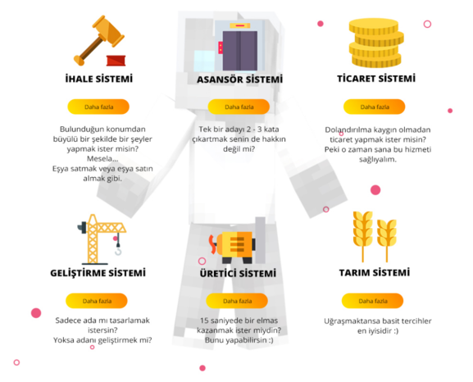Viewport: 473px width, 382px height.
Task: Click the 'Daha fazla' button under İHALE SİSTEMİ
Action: click(98, 107)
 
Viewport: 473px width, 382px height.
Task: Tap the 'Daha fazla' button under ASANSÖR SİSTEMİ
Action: click(239, 107)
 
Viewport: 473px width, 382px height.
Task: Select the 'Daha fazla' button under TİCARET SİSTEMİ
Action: click(375, 107)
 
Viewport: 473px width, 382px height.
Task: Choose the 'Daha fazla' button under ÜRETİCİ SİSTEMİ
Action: click(237, 301)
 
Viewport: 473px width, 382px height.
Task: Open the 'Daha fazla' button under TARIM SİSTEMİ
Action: click(372, 301)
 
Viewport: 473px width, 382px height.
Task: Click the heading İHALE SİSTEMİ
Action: click(99, 79)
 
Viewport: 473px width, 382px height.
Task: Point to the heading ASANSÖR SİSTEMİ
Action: click(240, 80)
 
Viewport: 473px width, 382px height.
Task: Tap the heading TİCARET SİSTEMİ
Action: click(376, 79)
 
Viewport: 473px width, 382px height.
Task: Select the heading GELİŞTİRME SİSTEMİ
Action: click(98, 273)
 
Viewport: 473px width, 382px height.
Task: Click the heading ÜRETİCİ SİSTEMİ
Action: click(238, 273)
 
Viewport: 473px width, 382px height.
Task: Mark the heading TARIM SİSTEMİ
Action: click(375, 272)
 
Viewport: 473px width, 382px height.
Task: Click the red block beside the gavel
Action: click(116, 61)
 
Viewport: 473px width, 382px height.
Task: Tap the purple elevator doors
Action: click(240, 50)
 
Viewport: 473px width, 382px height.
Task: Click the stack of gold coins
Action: click(376, 43)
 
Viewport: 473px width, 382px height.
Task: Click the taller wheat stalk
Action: click(363, 236)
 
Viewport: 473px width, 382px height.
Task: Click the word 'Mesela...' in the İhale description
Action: click(102, 158)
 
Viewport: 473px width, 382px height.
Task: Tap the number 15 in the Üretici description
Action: click(204, 321)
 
